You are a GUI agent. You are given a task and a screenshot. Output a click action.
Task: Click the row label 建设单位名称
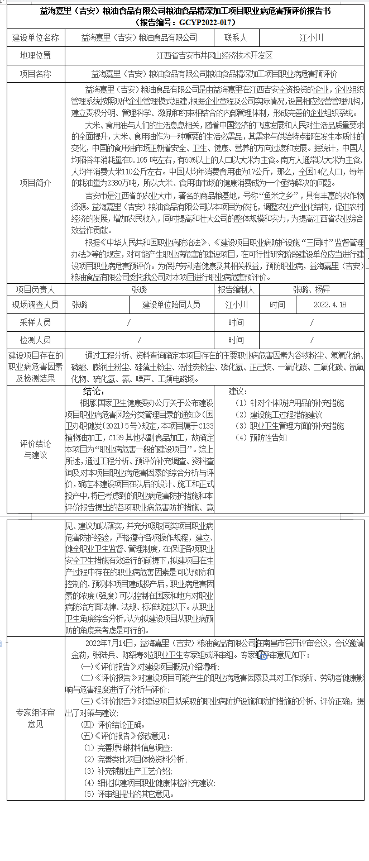pyautogui.click(x=36, y=37)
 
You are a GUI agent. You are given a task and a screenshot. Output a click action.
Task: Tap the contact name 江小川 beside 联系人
pyautogui.click(x=312, y=37)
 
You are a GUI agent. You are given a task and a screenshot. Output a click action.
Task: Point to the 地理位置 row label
pyautogui.click(x=36, y=55)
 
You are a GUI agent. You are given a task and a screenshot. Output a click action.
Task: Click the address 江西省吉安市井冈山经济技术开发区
pyautogui.click(x=215, y=55)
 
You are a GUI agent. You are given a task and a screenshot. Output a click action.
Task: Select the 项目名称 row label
pyautogui.click(x=36, y=73)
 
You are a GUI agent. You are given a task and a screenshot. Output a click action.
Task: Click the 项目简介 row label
pyautogui.click(x=36, y=183)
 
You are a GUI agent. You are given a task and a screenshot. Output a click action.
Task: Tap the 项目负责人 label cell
pyautogui.click(x=36, y=289)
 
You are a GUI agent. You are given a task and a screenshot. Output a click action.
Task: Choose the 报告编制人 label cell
pyautogui.click(x=236, y=289)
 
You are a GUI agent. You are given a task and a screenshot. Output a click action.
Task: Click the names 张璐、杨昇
pyautogui.click(x=312, y=289)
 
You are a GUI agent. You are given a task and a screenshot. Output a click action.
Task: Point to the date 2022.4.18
pyautogui.click(x=329, y=305)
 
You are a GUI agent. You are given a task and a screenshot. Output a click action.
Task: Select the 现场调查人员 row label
pyautogui.click(x=36, y=305)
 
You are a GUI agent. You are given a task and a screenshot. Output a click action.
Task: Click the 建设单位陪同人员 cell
pyautogui.click(x=171, y=305)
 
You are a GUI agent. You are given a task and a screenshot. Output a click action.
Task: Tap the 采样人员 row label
pyautogui.click(x=36, y=322)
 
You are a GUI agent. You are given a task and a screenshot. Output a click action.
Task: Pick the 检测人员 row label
pyautogui.click(x=36, y=340)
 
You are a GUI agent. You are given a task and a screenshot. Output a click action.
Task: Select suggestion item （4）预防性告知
pyautogui.click(x=261, y=437)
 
